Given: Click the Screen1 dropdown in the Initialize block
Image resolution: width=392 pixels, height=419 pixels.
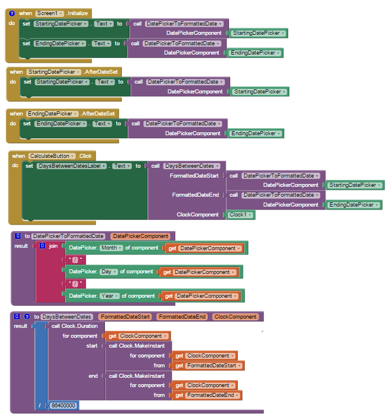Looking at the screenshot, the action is tap(50, 13).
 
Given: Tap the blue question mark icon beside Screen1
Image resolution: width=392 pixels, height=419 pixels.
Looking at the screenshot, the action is tap(12, 13).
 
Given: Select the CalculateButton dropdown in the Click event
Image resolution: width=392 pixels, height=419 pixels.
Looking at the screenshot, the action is tap(52, 156).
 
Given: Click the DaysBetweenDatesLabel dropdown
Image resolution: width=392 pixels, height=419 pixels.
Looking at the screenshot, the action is tap(71, 166).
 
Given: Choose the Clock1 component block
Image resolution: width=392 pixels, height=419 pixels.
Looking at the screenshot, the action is tap(240, 215).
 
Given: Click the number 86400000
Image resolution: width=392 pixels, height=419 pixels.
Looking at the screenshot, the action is tap(63, 406).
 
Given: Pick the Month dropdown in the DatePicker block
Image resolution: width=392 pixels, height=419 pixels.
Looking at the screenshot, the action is tap(111, 248).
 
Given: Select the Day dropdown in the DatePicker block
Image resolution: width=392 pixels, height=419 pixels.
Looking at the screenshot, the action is tap(108, 272).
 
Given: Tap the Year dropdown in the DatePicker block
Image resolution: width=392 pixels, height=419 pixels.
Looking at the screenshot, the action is tap(110, 296).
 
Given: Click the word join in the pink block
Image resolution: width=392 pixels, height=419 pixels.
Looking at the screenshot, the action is tap(53, 246).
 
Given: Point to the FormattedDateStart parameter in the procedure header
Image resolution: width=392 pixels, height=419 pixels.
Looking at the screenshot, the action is tap(125, 317).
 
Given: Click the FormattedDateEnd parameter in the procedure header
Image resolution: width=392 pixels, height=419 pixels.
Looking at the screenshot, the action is tap(183, 317).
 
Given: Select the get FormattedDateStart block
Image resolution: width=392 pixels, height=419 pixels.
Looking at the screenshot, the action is tap(208, 366).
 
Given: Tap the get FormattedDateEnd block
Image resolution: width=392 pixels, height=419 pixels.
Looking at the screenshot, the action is tap(207, 395).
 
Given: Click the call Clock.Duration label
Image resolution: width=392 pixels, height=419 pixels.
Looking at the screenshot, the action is tap(74, 326).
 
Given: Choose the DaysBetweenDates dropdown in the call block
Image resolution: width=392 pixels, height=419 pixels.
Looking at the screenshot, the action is tap(192, 166).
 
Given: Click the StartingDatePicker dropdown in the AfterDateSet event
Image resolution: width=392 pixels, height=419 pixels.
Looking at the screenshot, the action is tap(54, 72).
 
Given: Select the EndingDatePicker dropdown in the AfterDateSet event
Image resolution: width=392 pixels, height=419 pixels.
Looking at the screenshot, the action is tap(52, 114).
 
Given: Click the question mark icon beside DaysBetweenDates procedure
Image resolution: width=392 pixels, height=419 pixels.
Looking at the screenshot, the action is tap(27, 317).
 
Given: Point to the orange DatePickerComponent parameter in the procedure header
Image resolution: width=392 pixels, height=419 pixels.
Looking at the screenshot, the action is tap(141, 236).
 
